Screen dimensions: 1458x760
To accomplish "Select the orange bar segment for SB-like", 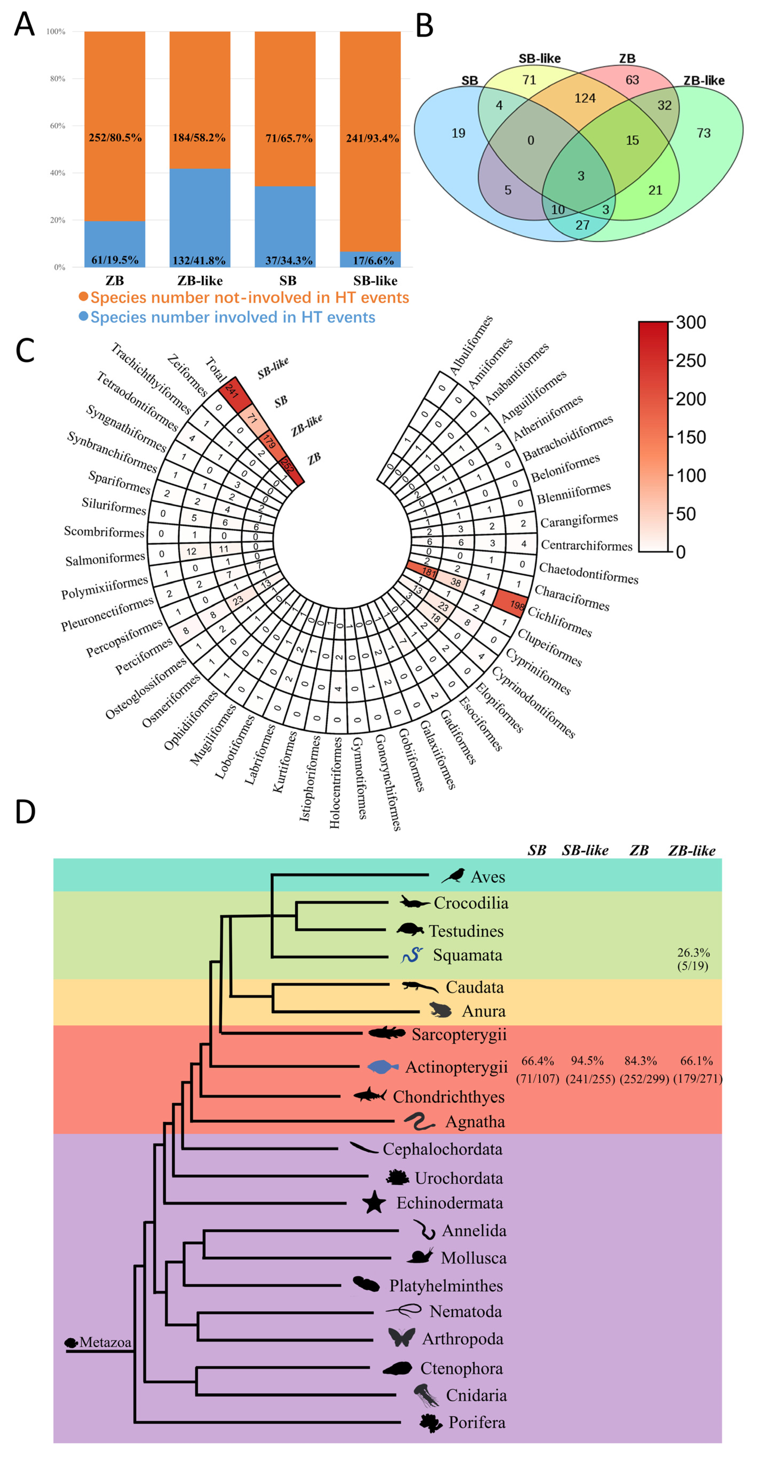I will (370, 141).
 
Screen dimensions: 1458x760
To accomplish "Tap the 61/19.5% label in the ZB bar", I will (115, 260).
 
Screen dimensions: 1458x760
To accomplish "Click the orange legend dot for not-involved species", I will (83, 297).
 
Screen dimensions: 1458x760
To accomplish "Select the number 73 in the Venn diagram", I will (703, 133).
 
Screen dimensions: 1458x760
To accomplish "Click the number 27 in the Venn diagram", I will (582, 225).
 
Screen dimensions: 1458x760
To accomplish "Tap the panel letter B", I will (424, 26).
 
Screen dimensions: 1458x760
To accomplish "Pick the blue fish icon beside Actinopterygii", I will (383, 1067).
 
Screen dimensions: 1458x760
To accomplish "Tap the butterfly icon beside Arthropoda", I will (402, 1337).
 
